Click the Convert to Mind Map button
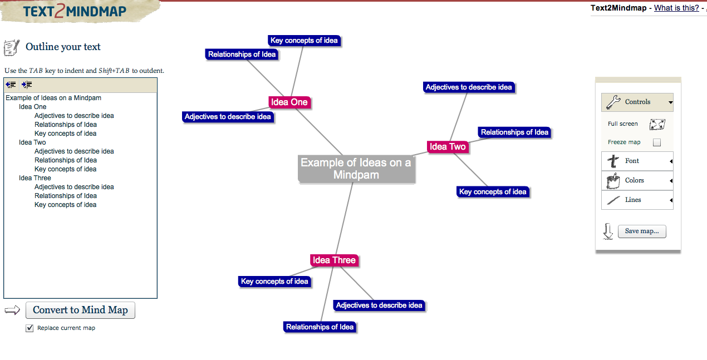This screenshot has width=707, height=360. [x=80, y=310]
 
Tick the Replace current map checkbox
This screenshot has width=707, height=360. [x=30, y=328]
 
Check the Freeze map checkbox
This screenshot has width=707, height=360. [x=657, y=142]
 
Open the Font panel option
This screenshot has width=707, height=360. [x=637, y=161]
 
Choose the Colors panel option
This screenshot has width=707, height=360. [x=637, y=180]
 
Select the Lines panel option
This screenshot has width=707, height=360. [x=637, y=200]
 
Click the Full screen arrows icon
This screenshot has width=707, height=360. [x=657, y=124]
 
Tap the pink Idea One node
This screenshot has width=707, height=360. [x=289, y=102]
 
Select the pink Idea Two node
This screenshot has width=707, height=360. [x=448, y=147]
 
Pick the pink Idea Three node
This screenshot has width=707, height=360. [x=334, y=260]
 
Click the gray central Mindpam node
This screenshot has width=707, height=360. [x=356, y=169]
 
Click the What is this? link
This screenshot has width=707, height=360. [x=676, y=8]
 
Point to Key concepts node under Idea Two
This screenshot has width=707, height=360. [x=493, y=192]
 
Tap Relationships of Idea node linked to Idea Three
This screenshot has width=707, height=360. [x=320, y=327]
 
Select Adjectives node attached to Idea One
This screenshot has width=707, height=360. [x=228, y=117]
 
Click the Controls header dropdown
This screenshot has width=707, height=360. [x=637, y=102]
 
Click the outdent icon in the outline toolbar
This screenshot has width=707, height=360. [x=11, y=85]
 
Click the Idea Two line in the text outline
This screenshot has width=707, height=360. [x=32, y=142]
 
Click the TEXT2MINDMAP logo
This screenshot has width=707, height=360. [x=75, y=11]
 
